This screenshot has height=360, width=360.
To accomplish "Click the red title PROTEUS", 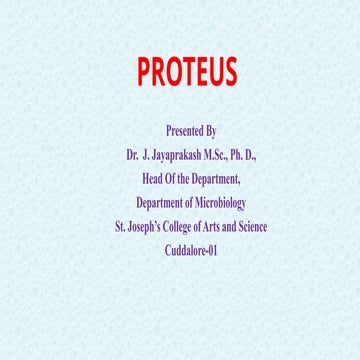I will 187,72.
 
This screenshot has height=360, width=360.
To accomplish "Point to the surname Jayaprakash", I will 181,155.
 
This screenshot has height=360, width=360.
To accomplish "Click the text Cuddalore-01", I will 190,251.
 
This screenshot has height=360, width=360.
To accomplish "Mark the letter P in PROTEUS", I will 145,72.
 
